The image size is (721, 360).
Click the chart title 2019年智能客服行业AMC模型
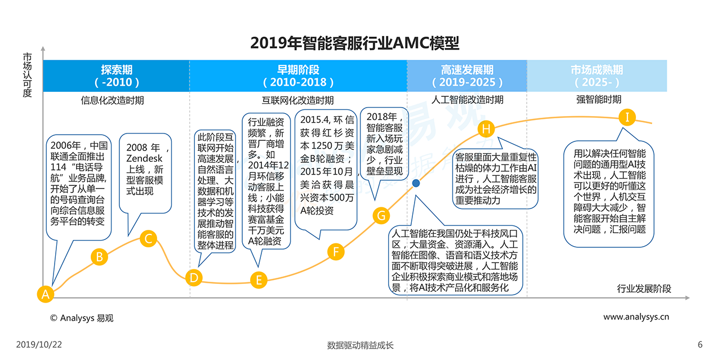[x=354, y=43]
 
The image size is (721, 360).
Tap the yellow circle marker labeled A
[x=45, y=294]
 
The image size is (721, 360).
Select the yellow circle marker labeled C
[x=148, y=238]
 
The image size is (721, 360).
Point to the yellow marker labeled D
[x=194, y=277]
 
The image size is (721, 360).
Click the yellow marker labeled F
[x=336, y=251]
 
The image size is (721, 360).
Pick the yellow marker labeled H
[x=486, y=128]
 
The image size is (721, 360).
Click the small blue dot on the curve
[x=416, y=183]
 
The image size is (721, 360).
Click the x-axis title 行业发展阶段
[x=644, y=289]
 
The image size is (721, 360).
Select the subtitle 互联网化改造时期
[x=297, y=100]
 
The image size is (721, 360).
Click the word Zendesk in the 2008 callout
[x=144, y=159]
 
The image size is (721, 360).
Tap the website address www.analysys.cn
[x=636, y=317]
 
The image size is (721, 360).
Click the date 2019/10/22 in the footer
[x=39, y=345]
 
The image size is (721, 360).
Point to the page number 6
[x=700, y=345]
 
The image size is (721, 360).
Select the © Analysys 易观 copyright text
[x=82, y=318]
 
